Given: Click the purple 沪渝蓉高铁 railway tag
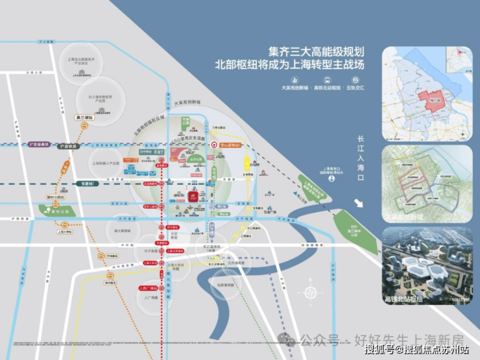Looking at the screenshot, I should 37,143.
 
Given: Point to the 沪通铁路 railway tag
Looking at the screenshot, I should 67,147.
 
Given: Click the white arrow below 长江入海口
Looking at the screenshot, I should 359,202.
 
